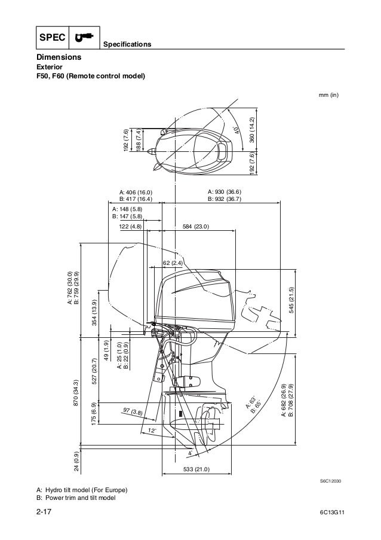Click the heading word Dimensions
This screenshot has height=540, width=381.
click(x=59, y=57)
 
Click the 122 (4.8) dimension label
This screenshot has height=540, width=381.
click(x=130, y=227)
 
